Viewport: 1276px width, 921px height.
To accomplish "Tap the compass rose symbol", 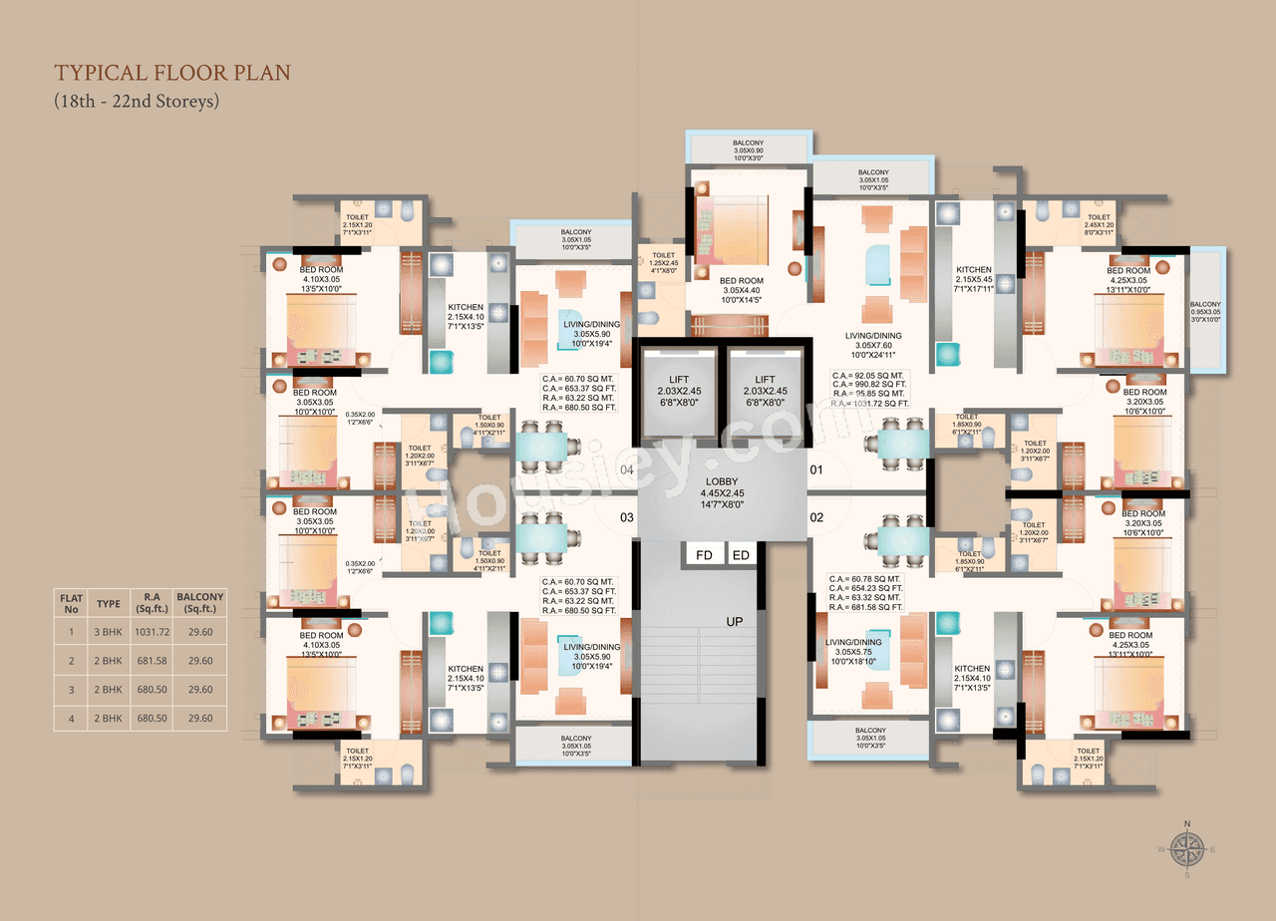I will [x=1186, y=849].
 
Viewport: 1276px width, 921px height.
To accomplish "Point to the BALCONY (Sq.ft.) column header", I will [x=200, y=603].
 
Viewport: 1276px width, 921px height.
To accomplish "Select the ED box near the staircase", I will [x=741, y=555].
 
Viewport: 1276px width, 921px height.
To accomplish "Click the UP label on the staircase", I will [x=735, y=621].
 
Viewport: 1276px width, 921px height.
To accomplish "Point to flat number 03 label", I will [x=627, y=516].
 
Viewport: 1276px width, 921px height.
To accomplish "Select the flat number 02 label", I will [x=816, y=516].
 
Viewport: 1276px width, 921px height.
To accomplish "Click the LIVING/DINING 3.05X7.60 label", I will [x=873, y=342].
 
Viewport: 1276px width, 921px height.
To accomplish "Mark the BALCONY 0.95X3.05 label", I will [x=1206, y=312].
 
